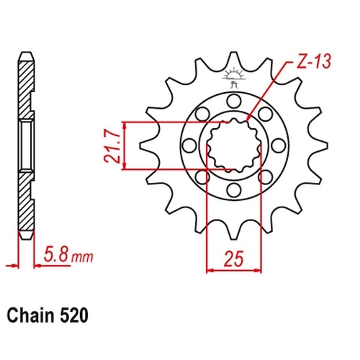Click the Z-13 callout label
[314, 61]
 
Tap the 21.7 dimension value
[112, 147]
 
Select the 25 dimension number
[233, 258]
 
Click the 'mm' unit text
[82, 257]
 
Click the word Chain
[31, 315]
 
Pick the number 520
[73, 315]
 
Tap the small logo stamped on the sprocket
[233, 78]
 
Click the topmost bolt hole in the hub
[234, 101]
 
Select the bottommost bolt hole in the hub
[234, 189]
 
